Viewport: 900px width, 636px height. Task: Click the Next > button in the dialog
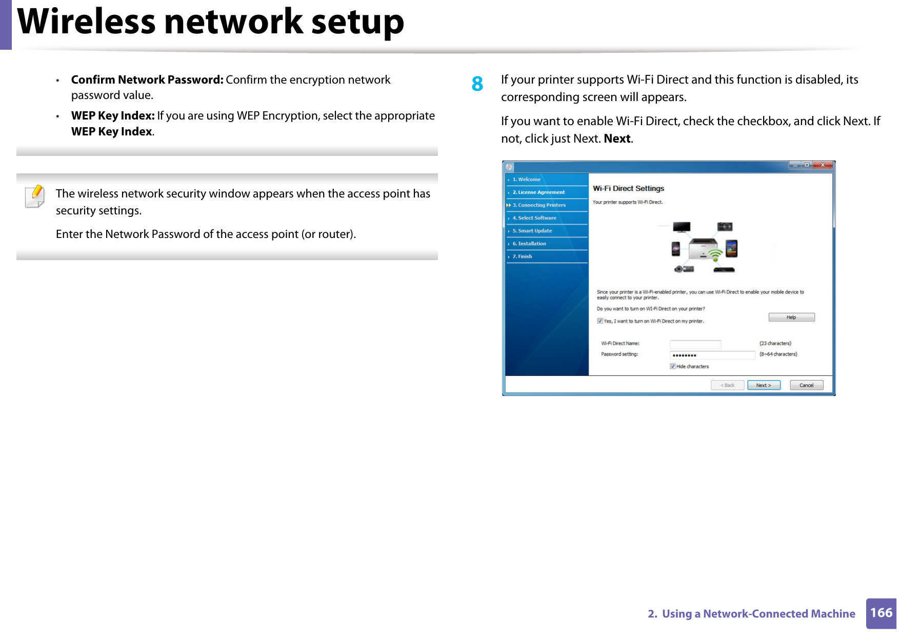(x=763, y=385)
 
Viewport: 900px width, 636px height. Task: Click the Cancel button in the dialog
(x=806, y=385)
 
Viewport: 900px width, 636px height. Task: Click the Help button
(x=791, y=317)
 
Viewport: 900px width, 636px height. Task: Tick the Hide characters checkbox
(x=672, y=366)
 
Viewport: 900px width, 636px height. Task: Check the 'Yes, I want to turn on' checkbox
(x=599, y=321)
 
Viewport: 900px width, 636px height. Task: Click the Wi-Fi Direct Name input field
(x=695, y=344)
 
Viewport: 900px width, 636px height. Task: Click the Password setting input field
(x=712, y=355)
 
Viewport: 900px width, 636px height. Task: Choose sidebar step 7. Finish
(x=525, y=256)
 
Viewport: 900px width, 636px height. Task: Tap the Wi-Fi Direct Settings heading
(x=628, y=189)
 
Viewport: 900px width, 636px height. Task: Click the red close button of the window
(x=822, y=165)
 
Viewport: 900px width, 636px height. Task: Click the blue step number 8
(x=477, y=84)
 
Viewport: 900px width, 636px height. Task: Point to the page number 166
(x=881, y=613)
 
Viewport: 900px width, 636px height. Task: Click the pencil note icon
(x=35, y=196)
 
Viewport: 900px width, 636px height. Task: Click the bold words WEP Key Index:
(x=113, y=116)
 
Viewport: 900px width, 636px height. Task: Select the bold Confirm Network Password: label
(x=147, y=80)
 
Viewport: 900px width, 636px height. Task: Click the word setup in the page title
(x=357, y=22)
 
